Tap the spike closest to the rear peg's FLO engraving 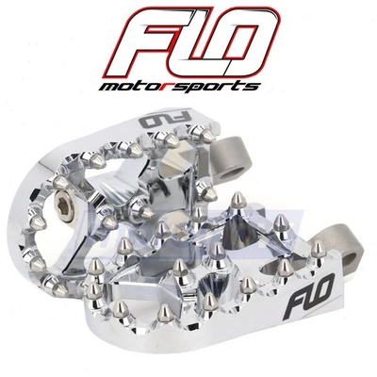(173, 140)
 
